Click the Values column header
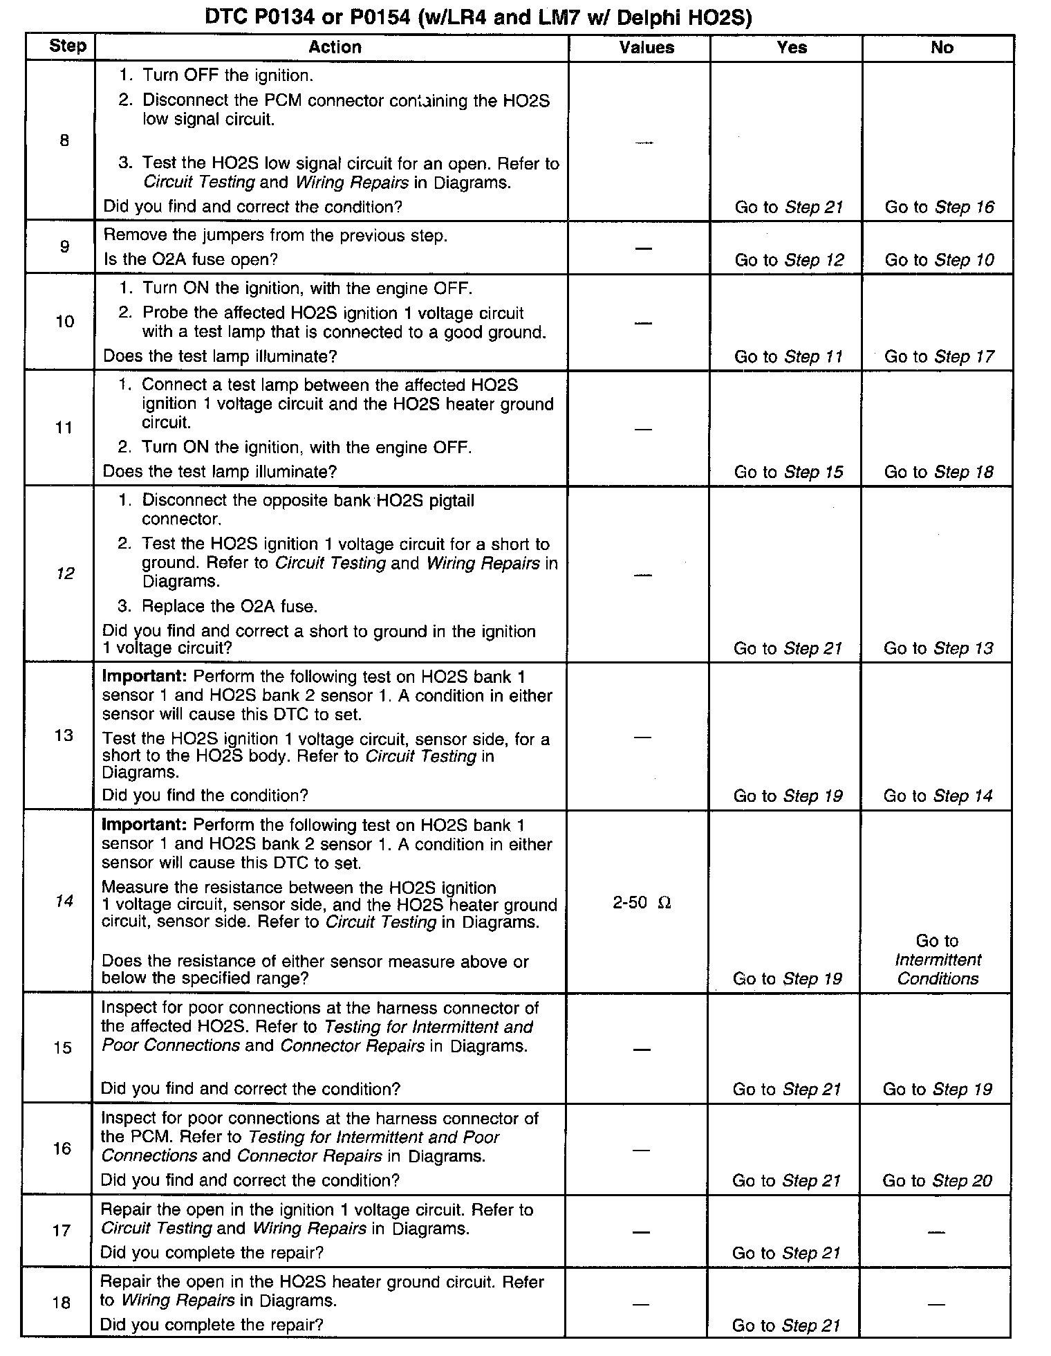[x=647, y=48]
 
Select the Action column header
[x=335, y=47]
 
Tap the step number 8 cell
[x=64, y=141]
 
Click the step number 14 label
[x=64, y=901]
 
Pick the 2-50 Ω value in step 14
[x=642, y=903]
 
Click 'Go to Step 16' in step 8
[x=940, y=207]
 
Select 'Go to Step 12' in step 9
[x=789, y=260]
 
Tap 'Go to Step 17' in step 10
[x=940, y=357]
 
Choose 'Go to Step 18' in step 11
[x=939, y=472]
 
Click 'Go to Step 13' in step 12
[x=938, y=648]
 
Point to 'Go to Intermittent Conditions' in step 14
[x=938, y=960]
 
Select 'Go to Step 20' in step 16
[x=937, y=1181]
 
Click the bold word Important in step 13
[x=145, y=677]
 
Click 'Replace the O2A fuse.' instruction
[x=230, y=607]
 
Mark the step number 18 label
[x=62, y=1303]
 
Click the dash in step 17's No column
[x=936, y=1232]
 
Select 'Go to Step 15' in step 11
[x=788, y=472]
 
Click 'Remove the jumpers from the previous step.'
[x=275, y=236]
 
